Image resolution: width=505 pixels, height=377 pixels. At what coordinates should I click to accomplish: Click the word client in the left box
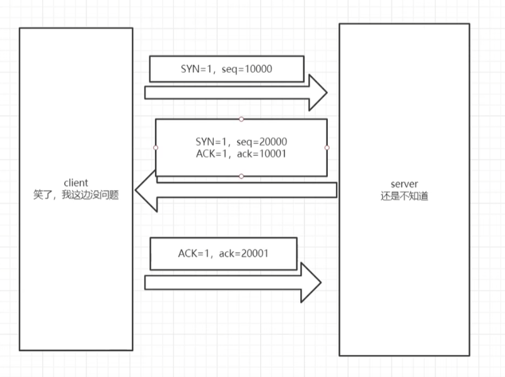(x=76, y=184)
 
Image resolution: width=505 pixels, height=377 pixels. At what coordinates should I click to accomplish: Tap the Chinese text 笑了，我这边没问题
(x=76, y=196)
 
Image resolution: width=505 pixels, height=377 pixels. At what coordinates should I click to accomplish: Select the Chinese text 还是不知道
(x=404, y=196)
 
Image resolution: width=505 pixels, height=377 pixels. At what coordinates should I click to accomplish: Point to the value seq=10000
(x=247, y=69)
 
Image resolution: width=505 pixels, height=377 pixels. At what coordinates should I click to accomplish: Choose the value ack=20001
(x=245, y=254)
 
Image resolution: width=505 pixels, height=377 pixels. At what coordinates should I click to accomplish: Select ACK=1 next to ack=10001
(x=212, y=153)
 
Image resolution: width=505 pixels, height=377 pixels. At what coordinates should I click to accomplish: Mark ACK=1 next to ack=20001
(x=194, y=254)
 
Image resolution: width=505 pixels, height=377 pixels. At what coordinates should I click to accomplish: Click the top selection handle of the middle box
(x=241, y=119)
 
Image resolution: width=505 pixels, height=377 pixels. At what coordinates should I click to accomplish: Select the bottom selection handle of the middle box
(x=241, y=176)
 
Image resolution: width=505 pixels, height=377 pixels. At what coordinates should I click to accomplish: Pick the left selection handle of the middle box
(x=156, y=148)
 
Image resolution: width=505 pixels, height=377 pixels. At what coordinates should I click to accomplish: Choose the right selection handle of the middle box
(x=327, y=148)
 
